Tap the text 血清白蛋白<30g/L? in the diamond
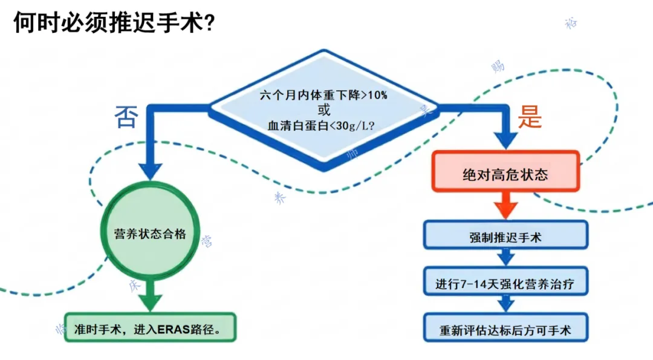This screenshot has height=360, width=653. coord(323,126)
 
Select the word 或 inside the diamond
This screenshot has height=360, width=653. coord(324,110)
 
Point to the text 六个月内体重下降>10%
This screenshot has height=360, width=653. coord(323,95)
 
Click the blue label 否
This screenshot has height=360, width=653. coord(126,116)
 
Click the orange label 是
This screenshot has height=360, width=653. coord(529,117)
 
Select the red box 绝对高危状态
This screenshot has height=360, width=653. coord(505,175)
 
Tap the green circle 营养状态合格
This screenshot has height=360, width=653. coord(150,234)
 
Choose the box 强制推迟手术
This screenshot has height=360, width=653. coord(505,237)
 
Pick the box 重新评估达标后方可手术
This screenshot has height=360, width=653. coord(505,330)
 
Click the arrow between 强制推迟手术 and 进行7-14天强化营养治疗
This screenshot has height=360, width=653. coord(505,257)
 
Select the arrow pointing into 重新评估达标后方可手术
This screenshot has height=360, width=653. coord(505,305)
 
